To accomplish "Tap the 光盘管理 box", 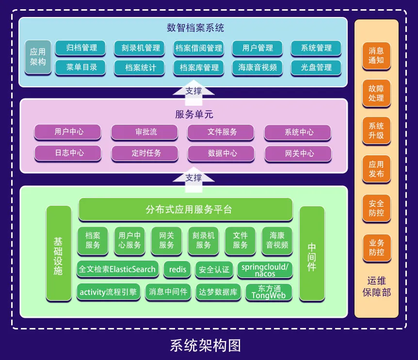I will click(x=316, y=67).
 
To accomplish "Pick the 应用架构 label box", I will click(x=38, y=57).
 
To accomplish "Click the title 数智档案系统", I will click(x=195, y=28).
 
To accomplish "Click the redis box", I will click(x=177, y=269).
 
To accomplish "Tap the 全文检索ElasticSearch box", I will click(x=117, y=269).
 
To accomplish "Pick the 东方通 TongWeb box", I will click(x=269, y=292).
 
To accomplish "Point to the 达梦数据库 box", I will click(x=218, y=292).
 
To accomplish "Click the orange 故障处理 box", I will click(x=376, y=93).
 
